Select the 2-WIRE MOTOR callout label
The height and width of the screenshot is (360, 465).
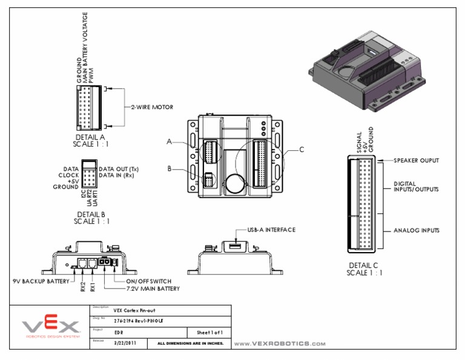152,107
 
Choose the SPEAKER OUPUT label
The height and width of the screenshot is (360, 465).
416,161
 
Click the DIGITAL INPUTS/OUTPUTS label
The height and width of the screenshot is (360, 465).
416,187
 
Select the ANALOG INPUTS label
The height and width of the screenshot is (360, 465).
417,231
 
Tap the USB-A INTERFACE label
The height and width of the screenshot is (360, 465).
271,230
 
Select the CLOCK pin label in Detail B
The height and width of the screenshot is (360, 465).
68,175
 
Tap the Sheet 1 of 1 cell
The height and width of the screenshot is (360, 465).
209,332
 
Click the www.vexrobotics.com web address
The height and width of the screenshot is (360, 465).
280,344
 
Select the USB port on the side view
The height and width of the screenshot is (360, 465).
236,245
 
